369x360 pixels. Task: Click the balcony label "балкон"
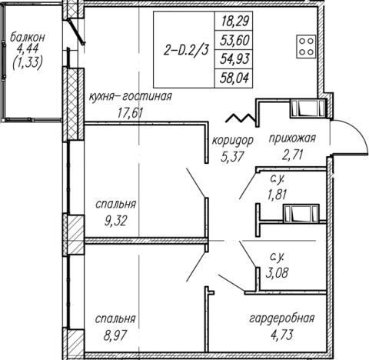[x=28, y=38]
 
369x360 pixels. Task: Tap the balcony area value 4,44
[x=27, y=49]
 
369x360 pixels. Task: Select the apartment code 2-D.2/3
[x=186, y=50]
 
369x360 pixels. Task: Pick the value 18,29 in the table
[x=234, y=21]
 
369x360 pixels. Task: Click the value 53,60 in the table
[x=234, y=40]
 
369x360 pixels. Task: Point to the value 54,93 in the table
[x=234, y=59]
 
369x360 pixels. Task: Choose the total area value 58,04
[x=234, y=78]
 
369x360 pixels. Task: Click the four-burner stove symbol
[x=306, y=46]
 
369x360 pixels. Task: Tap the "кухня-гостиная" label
[x=131, y=97]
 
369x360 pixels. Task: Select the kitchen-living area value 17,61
[x=130, y=113]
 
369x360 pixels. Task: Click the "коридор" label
[x=233, y=141]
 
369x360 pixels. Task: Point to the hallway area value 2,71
[x=292, y=155]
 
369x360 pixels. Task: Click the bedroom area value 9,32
[x=115, y=221]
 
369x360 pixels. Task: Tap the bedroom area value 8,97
[x=115, y=335]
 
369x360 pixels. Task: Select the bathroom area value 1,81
[x=277, y=194]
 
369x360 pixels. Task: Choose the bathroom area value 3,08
[x=277, y=272]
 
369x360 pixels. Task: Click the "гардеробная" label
[x=282, y=318]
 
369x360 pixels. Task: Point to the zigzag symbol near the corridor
[x=241, y=118]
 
